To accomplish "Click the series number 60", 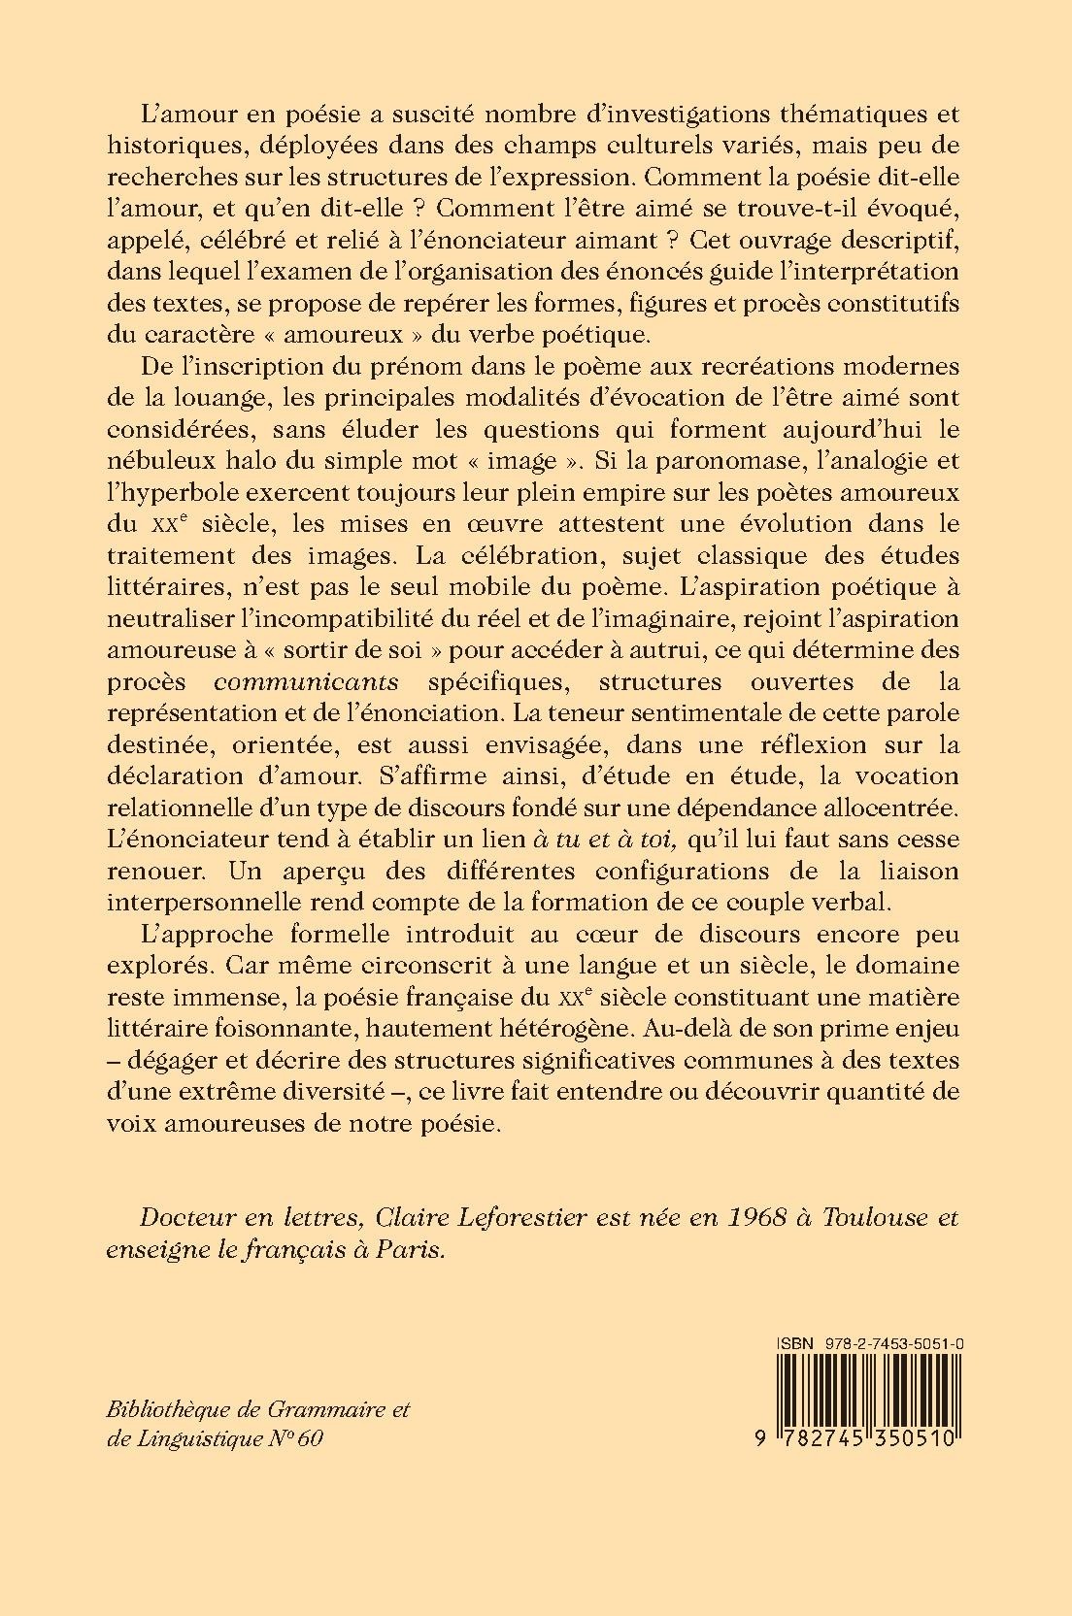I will (310, 1439).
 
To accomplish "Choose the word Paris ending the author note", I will (419, 1250).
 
